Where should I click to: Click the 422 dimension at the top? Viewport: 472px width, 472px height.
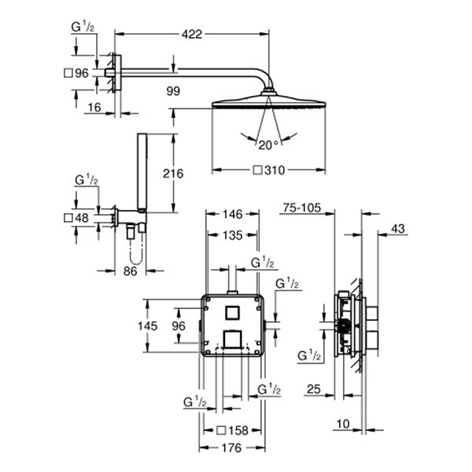[193, 33]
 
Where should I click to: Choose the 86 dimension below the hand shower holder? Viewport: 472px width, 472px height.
[131, 271]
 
